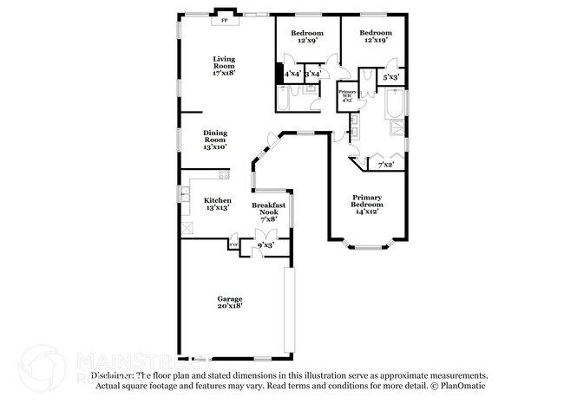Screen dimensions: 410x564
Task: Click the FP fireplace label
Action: coord(224,19)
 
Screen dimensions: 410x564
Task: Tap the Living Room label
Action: coord(224,66)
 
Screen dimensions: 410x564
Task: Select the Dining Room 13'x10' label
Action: coord(215,140)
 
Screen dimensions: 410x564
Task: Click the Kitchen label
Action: coord(217,205)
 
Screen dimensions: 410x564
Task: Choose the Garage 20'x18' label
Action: coord(230,303)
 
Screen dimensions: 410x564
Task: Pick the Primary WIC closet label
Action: coord(347,95)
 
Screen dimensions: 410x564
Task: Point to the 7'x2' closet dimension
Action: coord(385,165)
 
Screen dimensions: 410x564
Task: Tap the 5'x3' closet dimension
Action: coord(390,78)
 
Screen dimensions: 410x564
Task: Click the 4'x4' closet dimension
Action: coord(292,75)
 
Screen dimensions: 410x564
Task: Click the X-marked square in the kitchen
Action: coord(187,229)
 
